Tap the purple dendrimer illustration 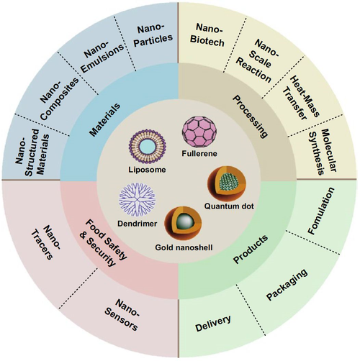(x=138, y=200)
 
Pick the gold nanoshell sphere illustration (x=183, y=224)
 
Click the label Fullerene (x=199, y=153)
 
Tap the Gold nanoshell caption (x=184, y=247)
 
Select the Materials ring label (x=104, y=120)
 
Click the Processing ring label (x=251, y=116)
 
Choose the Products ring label (x=251, y=249)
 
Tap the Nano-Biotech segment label (x=208, y=35)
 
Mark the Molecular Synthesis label (x=323, y=152)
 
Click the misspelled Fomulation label (x=321, y=211)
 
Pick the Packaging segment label (x=287, y=285)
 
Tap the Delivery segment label (x=213, y=323)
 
